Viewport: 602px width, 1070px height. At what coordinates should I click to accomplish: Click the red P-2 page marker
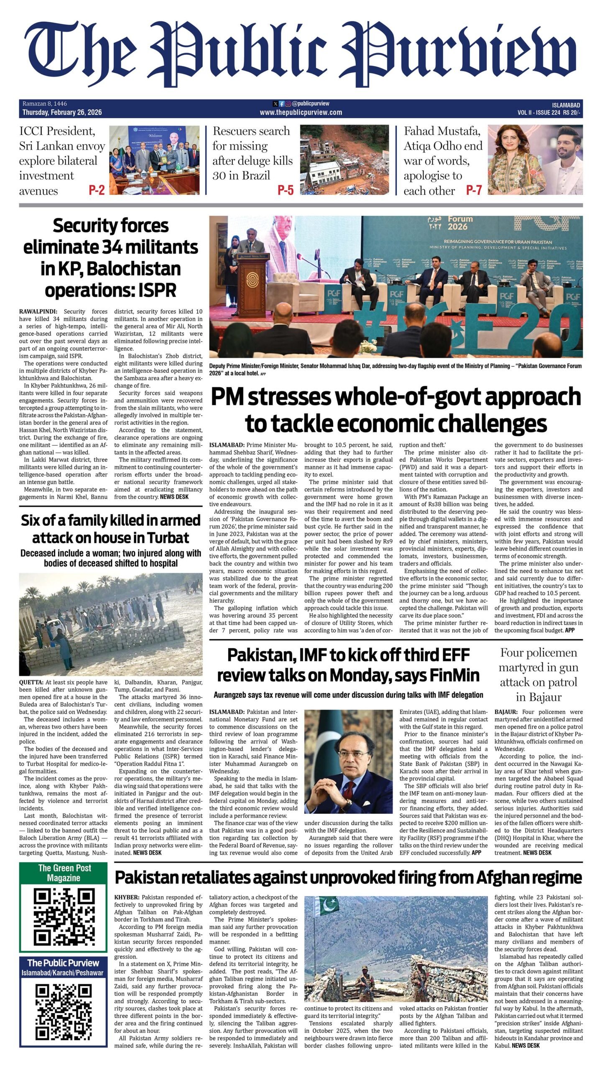[96, 191]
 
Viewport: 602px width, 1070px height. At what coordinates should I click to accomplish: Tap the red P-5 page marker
[286, 191]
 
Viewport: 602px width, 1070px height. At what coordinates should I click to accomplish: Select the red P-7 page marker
[474, 191]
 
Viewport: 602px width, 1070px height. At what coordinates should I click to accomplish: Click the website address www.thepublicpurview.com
[301, 112]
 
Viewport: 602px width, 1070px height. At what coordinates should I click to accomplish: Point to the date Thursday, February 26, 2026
[62, 112]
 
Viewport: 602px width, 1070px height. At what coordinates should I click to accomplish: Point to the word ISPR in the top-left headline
[158, 290]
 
